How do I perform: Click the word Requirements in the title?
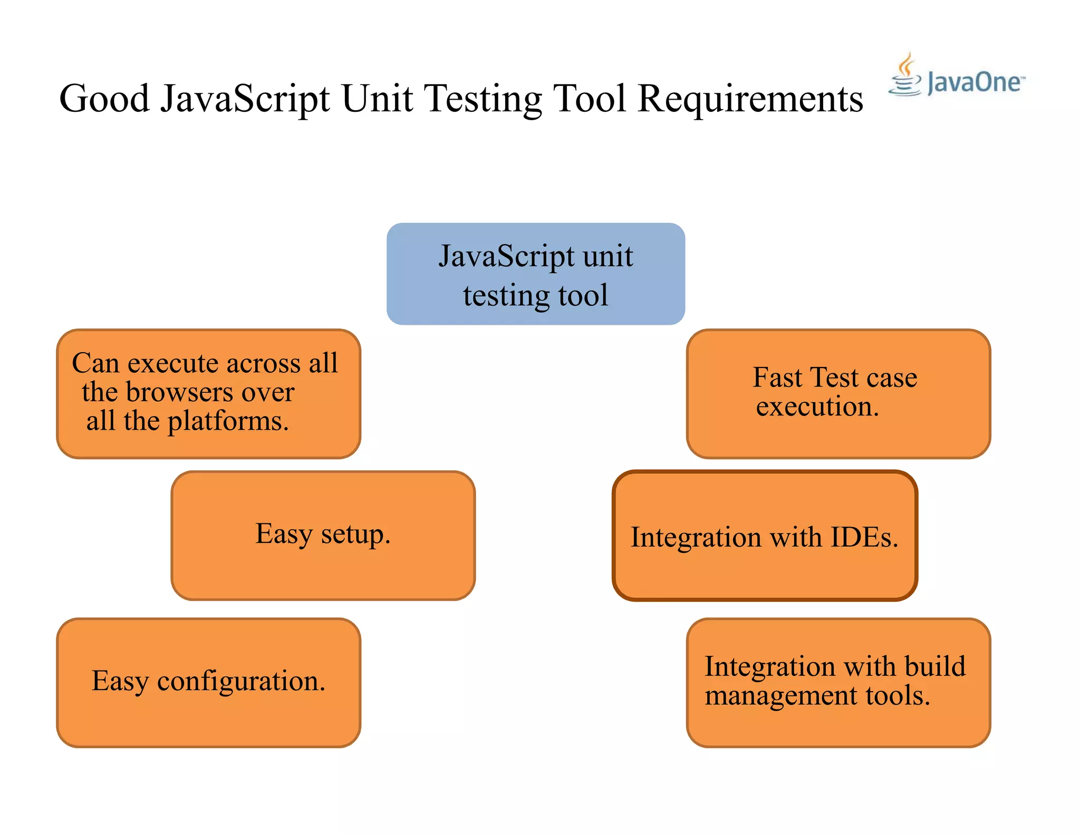750,99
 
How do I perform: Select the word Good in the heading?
104,99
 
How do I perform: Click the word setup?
355,535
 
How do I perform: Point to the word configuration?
241,682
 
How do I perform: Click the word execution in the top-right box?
817,407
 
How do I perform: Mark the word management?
781,696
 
